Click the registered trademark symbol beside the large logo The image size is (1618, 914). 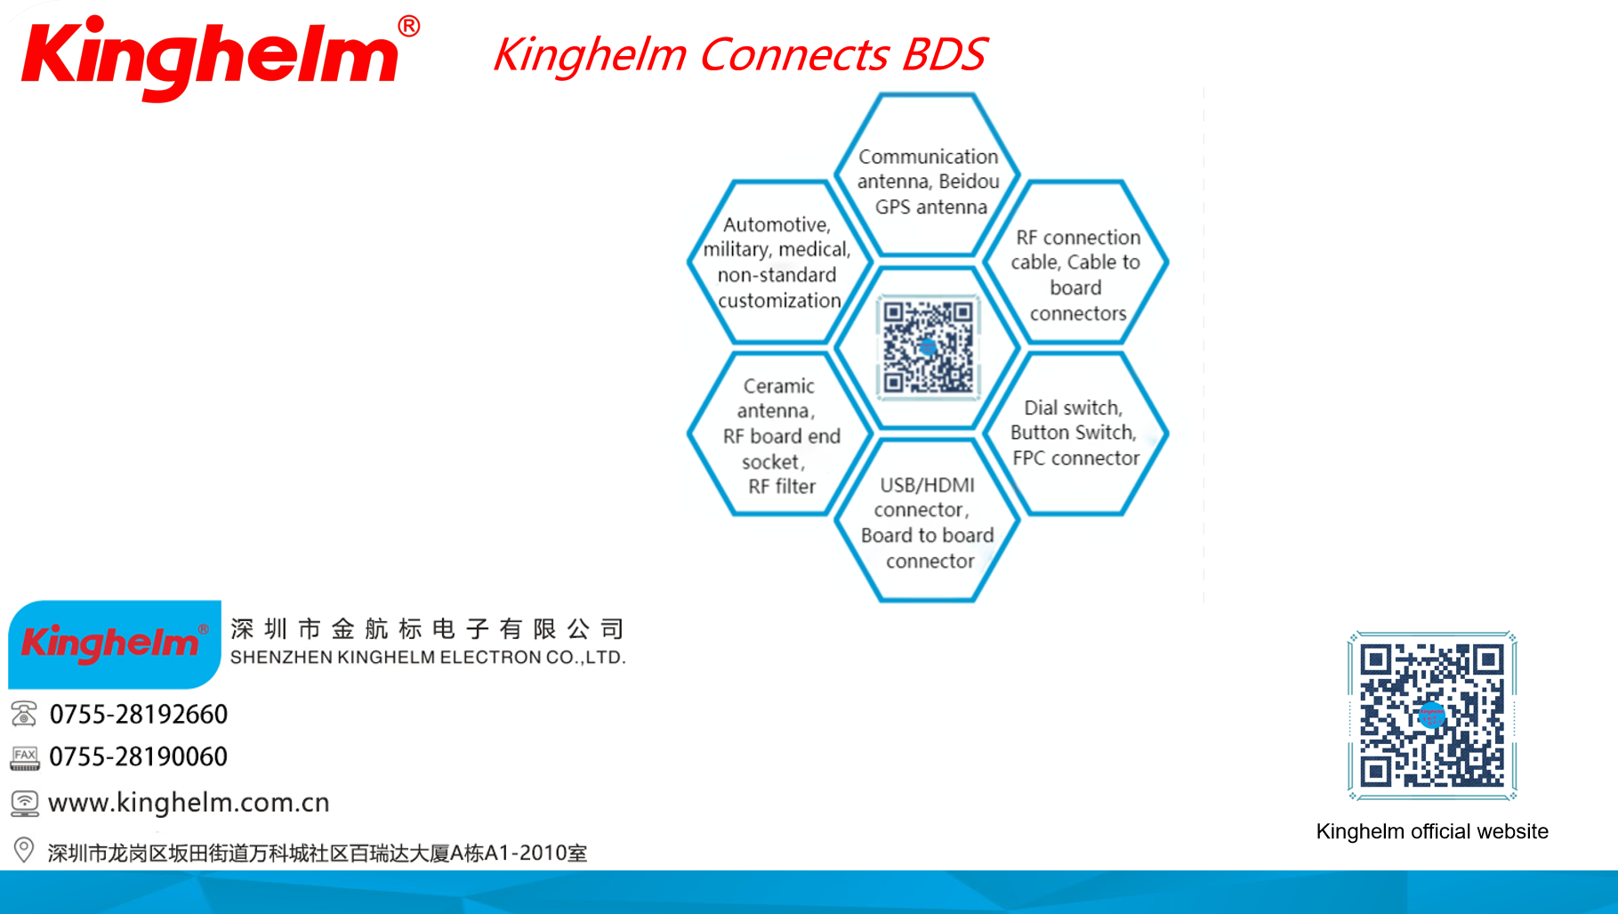click(409, 26)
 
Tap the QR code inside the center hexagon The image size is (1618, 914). click(928, 347)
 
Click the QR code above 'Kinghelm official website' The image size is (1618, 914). click(1432, 716)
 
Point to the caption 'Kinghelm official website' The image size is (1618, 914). click(1432, 831)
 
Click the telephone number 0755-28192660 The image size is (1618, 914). click(139, 714)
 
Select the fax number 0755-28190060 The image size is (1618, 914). click(139, 756)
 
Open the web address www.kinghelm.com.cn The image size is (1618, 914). click(189, 803)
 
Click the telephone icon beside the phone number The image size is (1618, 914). click(24, 714)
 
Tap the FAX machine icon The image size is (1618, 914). click(25, 758)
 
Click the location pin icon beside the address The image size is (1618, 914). click(24, 850)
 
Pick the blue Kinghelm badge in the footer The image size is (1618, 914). click(115, 644)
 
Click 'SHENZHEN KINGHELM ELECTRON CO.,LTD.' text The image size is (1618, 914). click(428, 658)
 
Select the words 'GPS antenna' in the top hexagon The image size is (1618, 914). click(931, 207)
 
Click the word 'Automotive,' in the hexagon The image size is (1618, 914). click(777, 225)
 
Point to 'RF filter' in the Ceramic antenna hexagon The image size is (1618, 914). click(782, 487)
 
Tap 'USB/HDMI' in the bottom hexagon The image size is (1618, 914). click(927, 485)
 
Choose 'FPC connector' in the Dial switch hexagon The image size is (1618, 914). click(1076, 458)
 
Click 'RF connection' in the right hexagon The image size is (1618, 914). click(1078, 238)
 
